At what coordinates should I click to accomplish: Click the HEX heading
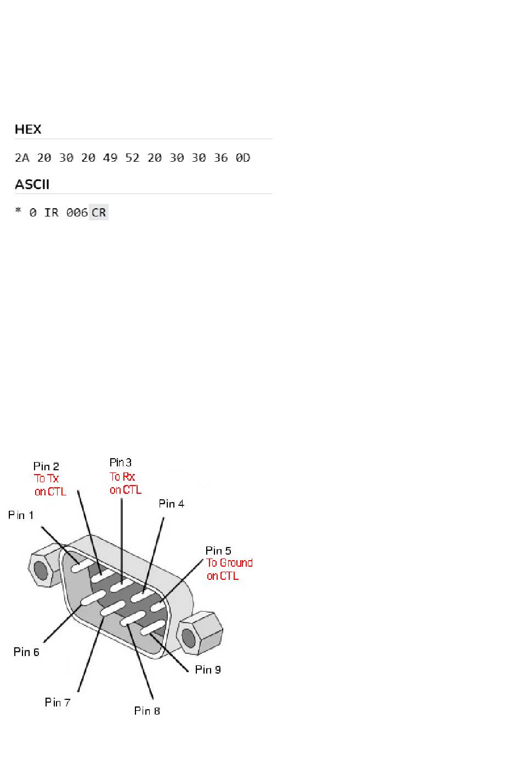pos(28,129)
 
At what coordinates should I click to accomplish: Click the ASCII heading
pos(32,184)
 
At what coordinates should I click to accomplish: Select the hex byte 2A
pos(22,158)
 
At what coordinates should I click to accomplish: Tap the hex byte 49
pos(110,158)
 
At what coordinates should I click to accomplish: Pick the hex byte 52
pos(132,158)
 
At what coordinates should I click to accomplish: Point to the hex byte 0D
pos(243,158)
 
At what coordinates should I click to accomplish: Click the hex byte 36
pos(221,158)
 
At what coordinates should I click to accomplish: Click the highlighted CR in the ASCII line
pos(99,212)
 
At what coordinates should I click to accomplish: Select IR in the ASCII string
pos(52,212)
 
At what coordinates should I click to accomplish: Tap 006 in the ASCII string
pos(77,212)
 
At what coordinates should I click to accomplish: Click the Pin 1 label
pos(21,515)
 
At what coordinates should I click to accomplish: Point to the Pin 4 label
pos(172,504)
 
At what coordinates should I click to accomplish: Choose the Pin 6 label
pos(26,652)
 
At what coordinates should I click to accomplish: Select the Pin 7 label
pos(58,702)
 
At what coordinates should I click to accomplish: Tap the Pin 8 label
pos(147,711)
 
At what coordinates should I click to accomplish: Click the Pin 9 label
pos(208,669)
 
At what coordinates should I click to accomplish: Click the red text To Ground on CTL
pos(229,569)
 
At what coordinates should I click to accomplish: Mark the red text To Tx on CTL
pos(50,485)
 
